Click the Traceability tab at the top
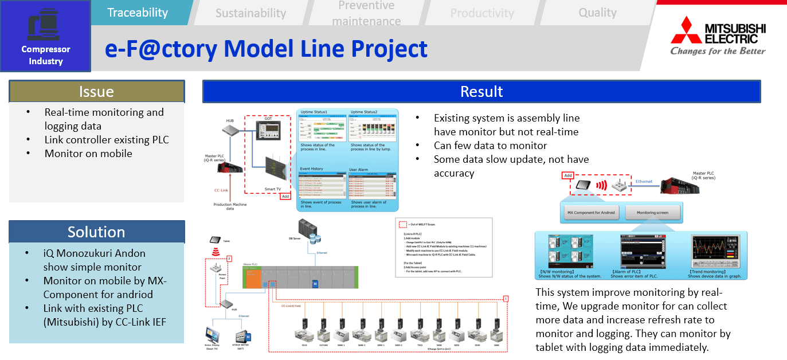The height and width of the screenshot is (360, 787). point(138,13)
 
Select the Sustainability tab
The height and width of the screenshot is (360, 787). point(250,13)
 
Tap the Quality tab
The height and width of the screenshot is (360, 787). point(597,13)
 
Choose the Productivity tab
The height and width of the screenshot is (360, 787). point(481,13)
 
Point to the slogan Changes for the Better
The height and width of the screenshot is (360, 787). point(718,51)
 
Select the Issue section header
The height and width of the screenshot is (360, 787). point(96,92)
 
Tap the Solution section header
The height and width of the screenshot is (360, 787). point(96,232)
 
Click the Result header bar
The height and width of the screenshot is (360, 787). point(481,92)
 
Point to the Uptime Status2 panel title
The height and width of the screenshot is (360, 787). point(369,112)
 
